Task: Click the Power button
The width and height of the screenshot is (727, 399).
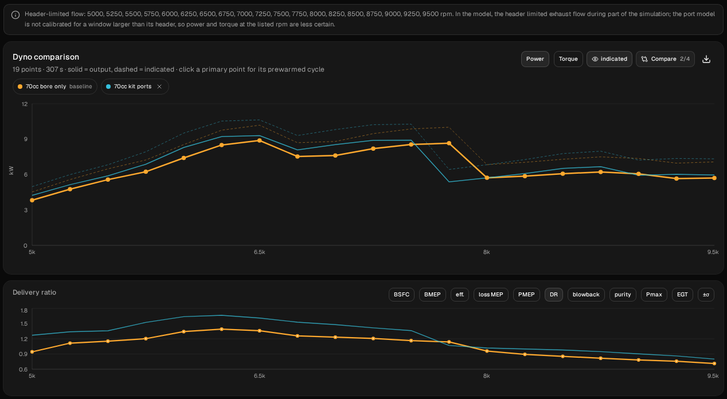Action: (535, 59)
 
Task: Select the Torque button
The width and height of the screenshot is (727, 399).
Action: (568, 59)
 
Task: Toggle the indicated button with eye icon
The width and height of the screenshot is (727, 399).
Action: (609, 59)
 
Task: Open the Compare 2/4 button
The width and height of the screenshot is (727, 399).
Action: (665, 59)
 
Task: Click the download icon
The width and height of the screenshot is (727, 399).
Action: (706, 59)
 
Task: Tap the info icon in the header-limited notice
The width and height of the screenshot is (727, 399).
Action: (15, 15)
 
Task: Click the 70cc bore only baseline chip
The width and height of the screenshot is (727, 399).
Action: (55, 87)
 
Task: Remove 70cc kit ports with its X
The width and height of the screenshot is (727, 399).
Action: (159, 87)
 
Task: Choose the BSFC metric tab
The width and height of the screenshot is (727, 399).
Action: (401, 295)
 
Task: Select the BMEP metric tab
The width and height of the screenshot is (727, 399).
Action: (432, 295)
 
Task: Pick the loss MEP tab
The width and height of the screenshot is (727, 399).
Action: (491, 295)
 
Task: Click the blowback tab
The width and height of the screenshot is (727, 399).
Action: (586, 295)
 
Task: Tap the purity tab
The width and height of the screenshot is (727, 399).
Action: (623, 295)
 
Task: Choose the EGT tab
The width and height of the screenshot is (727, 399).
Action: (682, 295)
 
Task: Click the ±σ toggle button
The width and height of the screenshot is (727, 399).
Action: (706, 295)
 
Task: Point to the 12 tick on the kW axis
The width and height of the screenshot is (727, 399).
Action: (25, 104)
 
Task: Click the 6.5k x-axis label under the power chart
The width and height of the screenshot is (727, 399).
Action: (259, 252)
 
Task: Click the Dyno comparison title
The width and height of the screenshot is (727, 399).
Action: (46, 57)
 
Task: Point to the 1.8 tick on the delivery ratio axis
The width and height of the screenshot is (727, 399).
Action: (24, 311)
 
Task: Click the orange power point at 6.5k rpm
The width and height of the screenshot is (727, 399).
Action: (259, 141)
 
